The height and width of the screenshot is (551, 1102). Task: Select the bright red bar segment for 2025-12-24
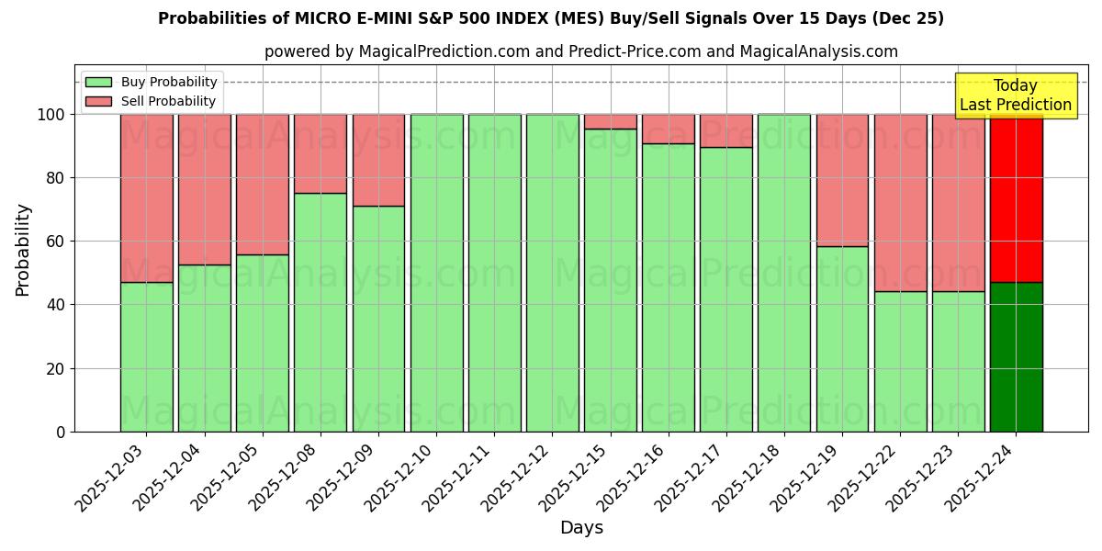pos(1016,197)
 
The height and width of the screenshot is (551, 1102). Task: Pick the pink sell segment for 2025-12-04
pos(204,189)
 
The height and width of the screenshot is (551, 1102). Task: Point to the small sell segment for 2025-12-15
pos(611,121)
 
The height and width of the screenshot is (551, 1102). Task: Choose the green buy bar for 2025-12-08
pos(320,312)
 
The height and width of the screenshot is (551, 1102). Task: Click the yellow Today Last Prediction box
pos(1015,96)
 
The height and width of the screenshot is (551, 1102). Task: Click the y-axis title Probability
pos(23,249)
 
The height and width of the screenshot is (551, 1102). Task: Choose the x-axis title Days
pos(581,528)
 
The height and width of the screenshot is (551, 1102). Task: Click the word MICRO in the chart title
pos(320,18)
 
